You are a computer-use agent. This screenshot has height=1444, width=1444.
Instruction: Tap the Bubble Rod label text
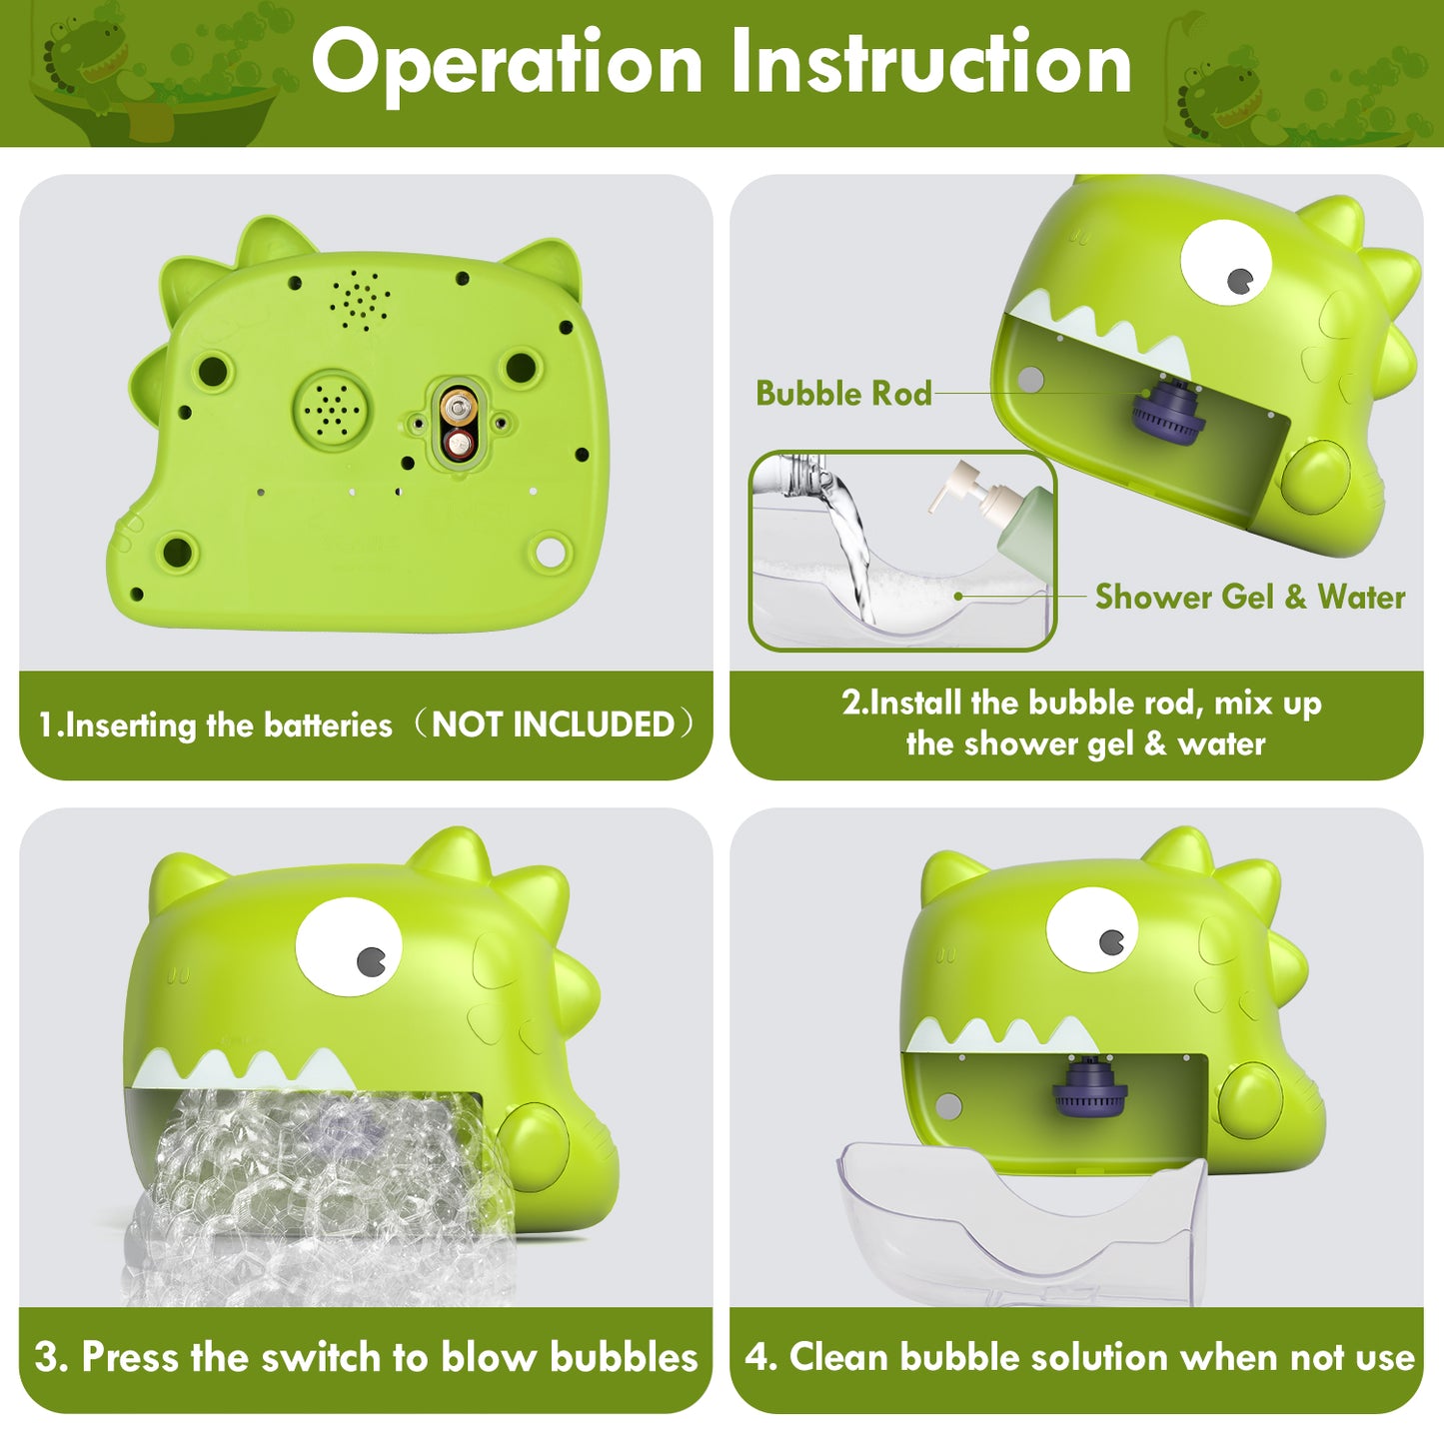pyautogui.click(x=843, y=393)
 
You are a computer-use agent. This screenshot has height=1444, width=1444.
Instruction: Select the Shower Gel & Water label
pyautogui.click(x=1250, y=597)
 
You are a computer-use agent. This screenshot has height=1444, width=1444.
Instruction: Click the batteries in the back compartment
pyautogui.click(x=458, y=425)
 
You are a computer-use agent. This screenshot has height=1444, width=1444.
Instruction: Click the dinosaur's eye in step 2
pyautogui.click(x=1226, y=262)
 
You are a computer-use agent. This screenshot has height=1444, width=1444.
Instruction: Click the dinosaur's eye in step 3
pyautogui.click(x=349, y=947)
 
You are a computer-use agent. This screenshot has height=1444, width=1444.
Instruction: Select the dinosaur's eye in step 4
pyautogui.click(x=1092, y=930)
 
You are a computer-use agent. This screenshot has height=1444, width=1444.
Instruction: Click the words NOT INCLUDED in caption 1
pyautogui.click(x=553, y=724)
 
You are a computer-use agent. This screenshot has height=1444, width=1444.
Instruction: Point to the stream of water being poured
pyautogui.click(x=850, y=547)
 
